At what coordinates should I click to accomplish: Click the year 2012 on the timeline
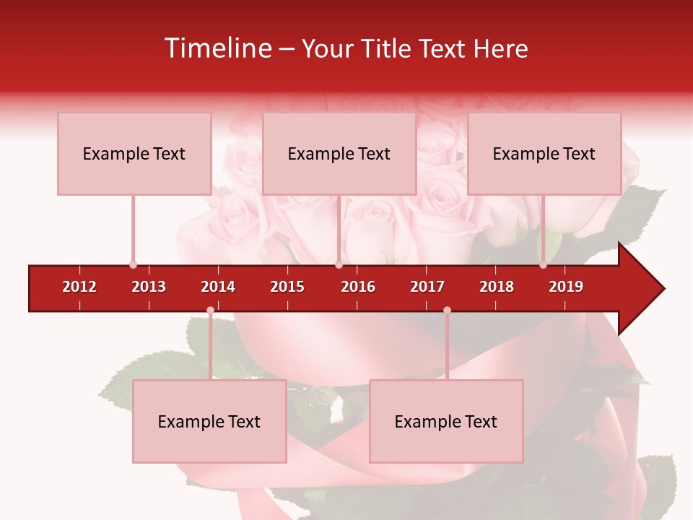point(79,287)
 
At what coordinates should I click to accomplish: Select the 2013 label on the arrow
point(149,287)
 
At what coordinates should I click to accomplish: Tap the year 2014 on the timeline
point(218,287)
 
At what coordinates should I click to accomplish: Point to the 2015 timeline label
point(287,287)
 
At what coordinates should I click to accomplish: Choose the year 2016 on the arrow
point(358,287)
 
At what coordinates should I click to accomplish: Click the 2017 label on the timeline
point(427,287)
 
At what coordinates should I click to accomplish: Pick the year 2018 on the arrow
point(497,287)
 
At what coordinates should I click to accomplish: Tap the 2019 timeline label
point(566,287)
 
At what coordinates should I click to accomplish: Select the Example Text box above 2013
point(134,154)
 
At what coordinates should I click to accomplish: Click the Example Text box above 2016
point(339,154)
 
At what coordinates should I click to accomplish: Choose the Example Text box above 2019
point(544,154)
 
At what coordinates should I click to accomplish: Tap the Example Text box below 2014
point(209,422)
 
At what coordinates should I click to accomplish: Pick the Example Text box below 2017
point(446,422)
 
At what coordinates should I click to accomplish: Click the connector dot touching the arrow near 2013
point(133,265)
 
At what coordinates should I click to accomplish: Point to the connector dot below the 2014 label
point(210,311)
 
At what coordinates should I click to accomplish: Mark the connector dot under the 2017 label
point(447,311)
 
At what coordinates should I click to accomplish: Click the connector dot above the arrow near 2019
point(543,265)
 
